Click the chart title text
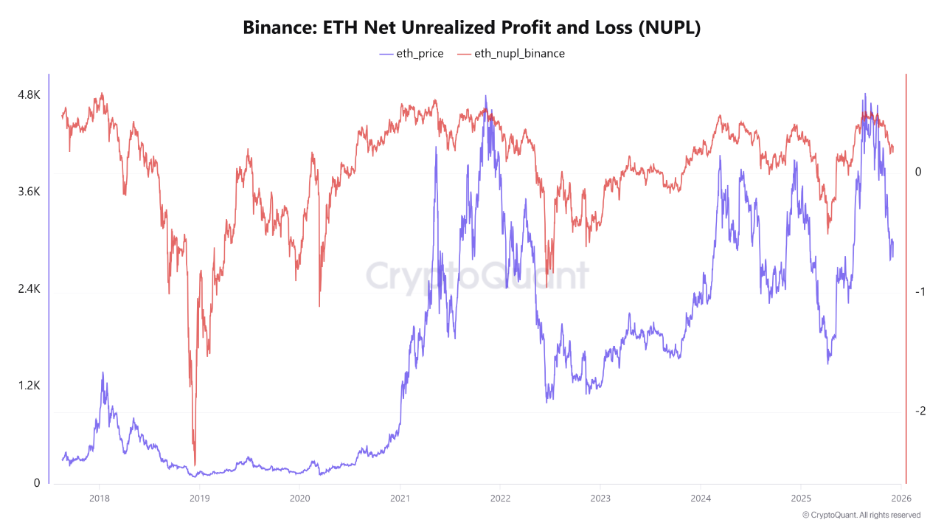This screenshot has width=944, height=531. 471,28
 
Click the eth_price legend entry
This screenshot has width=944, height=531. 412,53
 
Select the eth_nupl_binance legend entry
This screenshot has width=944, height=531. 511,53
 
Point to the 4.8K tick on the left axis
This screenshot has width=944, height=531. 29,95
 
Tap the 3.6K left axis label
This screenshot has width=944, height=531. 29,192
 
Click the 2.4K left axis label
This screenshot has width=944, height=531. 29,289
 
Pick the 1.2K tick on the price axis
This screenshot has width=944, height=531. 29,386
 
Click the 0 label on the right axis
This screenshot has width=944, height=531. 918,172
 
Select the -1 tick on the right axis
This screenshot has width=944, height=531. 918,292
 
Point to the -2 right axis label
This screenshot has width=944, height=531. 918,412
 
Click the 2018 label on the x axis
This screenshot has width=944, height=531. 99,498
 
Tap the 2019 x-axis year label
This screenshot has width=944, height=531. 199,498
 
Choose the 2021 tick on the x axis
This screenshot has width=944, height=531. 400,498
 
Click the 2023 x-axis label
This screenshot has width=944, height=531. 600,498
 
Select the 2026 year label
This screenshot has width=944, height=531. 901,498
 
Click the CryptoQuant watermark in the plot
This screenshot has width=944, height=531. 477,277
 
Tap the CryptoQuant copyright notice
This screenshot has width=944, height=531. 861,515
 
